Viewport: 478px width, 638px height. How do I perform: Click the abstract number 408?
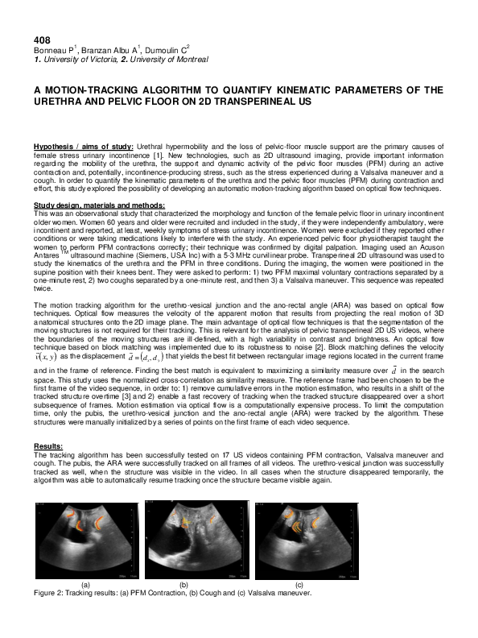[x=41, y=40]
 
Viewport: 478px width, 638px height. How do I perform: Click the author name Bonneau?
[x=49, y=51]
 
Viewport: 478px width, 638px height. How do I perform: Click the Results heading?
[x=48, y=445]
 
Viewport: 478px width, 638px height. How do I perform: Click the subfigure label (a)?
[x=86, y=582]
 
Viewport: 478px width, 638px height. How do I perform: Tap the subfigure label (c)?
[x=299, y=582]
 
